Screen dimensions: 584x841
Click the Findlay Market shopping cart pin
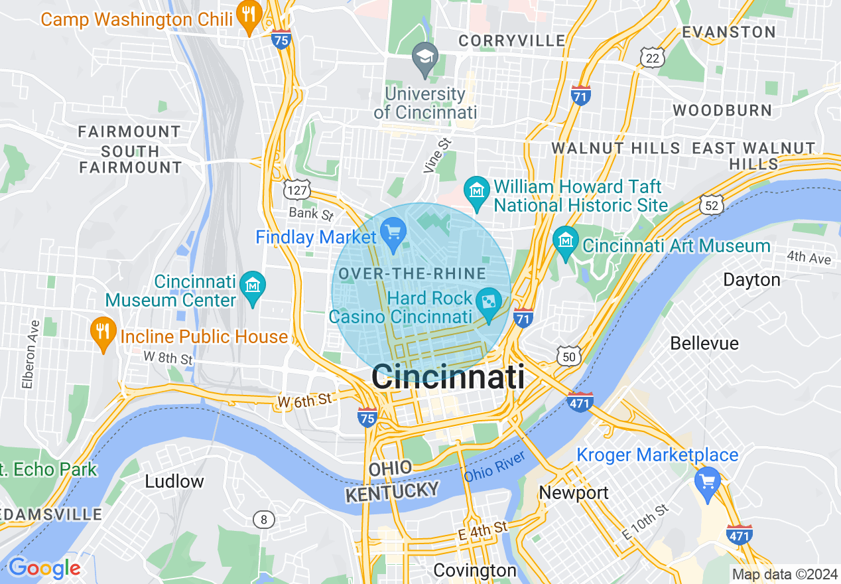394,234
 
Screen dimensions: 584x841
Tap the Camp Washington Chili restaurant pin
250,17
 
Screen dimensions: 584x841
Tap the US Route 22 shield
653,58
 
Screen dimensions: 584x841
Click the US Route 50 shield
569,356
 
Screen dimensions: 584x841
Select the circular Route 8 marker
263,520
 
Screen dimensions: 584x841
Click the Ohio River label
495,466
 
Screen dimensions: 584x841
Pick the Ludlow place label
174,481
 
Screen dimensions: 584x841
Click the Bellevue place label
704,343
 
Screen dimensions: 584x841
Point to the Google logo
44,568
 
